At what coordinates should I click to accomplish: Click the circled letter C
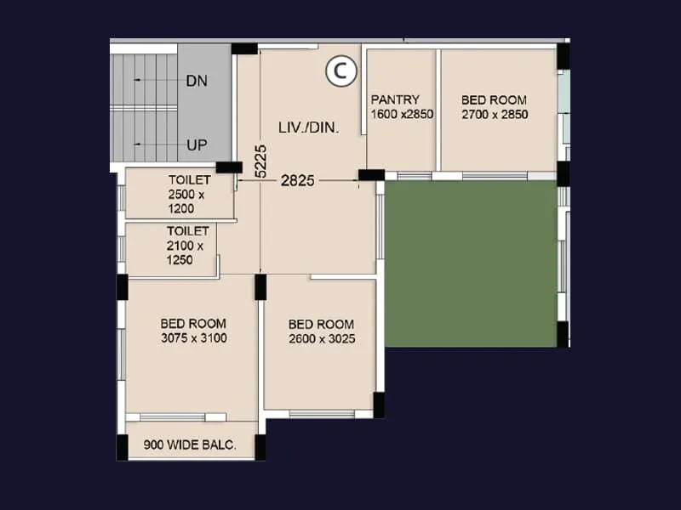coord(340,72)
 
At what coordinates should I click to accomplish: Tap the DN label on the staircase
coord(197,81)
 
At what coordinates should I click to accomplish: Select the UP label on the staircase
coord(197,145)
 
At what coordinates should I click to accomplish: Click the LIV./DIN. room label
coord(308,127)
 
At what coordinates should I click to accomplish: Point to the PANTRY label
coord(395,100)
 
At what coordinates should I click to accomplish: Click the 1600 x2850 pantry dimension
coord(402,114)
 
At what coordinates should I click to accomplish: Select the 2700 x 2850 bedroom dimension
coord(495,114)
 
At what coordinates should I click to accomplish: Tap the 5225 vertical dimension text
coord(261,160)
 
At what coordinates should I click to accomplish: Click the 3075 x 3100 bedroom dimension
coord(193,338)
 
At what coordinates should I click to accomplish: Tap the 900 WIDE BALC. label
coord(189,445)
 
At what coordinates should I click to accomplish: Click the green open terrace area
coord(470,263)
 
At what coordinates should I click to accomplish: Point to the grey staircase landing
coord(204,110)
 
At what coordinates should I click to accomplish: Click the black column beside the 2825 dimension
coord(371,175)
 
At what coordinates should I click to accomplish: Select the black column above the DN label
coord(244,48)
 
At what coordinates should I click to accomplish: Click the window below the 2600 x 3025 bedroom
coord(322,414)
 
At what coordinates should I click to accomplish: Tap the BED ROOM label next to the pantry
coord(494,100)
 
